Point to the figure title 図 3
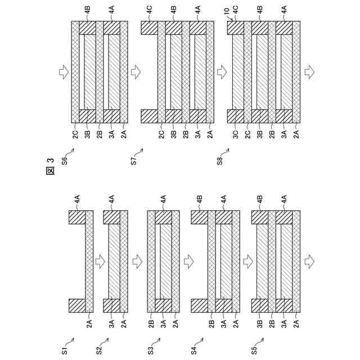click(49, 167)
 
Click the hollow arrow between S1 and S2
click(100, 262)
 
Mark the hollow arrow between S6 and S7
click(134, 72)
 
